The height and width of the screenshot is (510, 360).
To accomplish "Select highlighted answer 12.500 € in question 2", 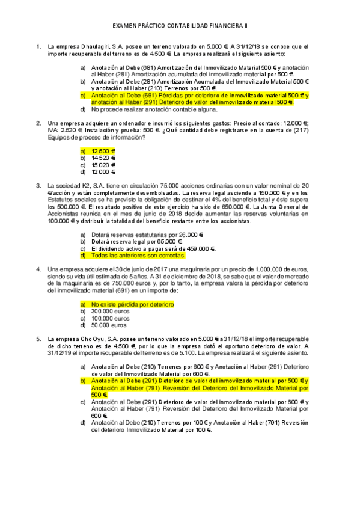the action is pos(103,150).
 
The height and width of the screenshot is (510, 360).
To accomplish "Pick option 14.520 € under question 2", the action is pos(103,157).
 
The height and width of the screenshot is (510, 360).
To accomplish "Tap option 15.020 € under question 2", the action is pos(103,164).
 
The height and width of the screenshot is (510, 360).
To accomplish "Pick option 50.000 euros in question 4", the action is pos(109,325).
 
